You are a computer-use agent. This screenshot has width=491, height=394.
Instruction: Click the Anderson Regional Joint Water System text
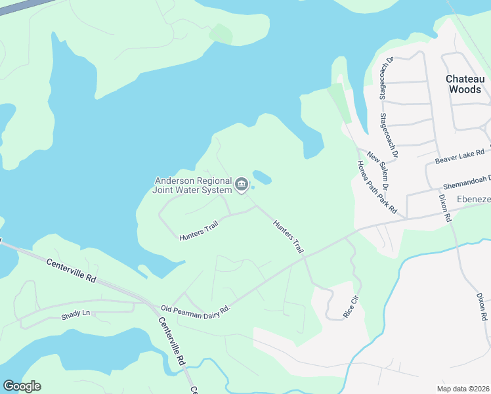click(x=193, y=185)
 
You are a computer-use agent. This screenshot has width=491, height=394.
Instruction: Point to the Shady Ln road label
click(x=75, y=313)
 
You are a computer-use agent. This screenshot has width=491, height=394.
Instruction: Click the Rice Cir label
click(x=352, y=307)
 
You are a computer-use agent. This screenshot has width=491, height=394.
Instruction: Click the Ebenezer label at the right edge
click(x=473, y=198)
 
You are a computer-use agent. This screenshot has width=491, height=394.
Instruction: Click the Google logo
click(x=22, y=386)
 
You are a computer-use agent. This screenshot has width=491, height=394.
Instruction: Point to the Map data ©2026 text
click(x=463, y=387)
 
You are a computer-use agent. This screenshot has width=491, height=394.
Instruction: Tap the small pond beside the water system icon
click(x=262, y=177)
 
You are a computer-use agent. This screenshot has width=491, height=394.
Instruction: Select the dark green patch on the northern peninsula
click(x=221, y=33)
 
